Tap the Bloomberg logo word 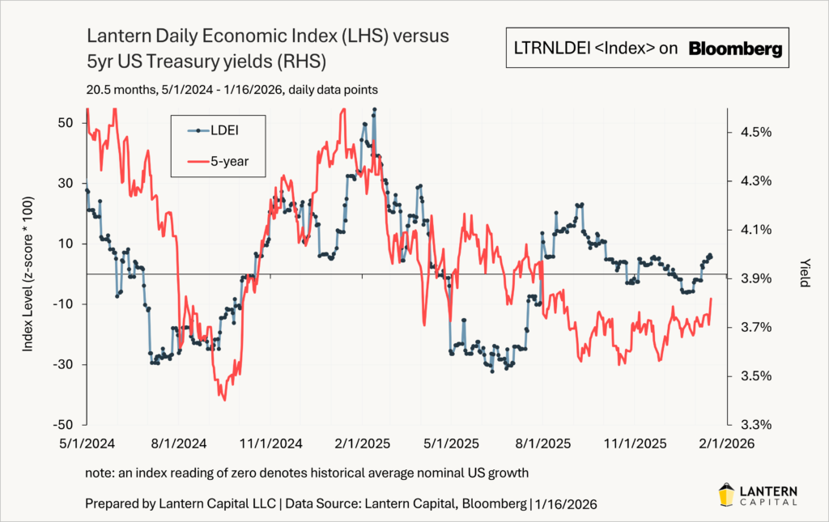[735, 49]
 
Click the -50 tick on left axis [65, 425]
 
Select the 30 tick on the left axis [68, 183]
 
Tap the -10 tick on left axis [65, 303]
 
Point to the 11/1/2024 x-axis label [271, 443]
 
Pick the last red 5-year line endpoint [711, 299]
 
